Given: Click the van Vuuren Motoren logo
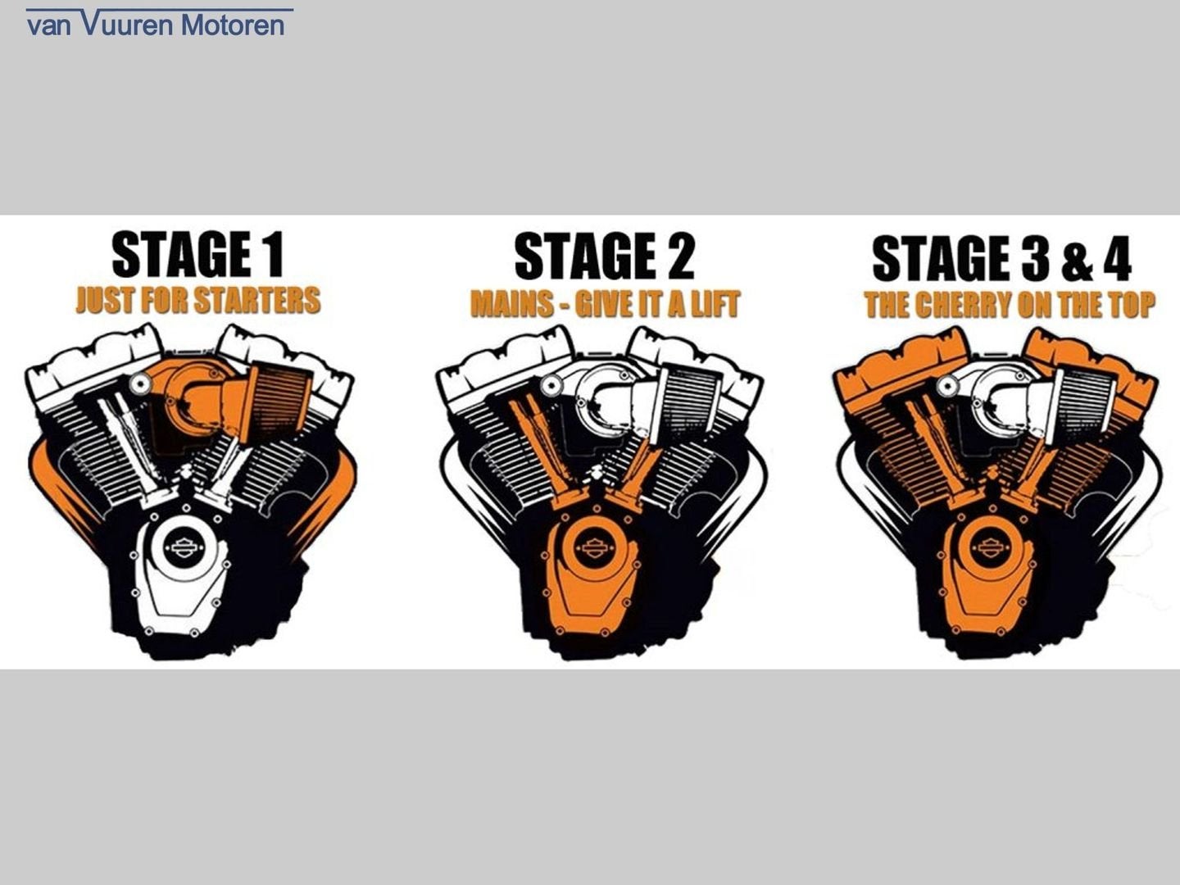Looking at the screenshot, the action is [160, 23].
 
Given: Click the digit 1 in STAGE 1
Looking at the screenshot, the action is [274, 254].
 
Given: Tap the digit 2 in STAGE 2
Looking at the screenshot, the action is [679, 256].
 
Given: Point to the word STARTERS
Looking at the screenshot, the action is [257, 300].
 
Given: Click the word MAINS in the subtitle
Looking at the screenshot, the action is [512, 303].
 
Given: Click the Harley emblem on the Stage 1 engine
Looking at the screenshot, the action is [184, 548].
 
